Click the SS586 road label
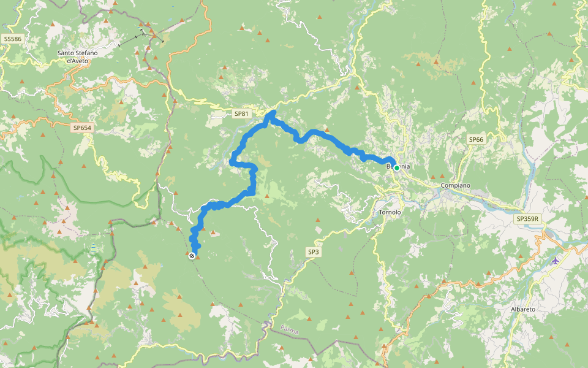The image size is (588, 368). tap(12, 39)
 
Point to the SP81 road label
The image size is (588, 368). tap(241, 113)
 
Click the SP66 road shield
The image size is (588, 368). tap(476, 140)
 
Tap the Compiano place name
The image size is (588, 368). tap(455, 185)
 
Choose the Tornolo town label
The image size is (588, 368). tap(390, 212)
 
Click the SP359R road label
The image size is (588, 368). tap(527, 218)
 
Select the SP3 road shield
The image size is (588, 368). tap(313, 251)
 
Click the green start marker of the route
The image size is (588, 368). tap(396, 167)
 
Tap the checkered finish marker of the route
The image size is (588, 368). tap(192, 255)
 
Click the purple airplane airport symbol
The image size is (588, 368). tap(555, 261)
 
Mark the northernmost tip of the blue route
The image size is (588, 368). tap(272, 111)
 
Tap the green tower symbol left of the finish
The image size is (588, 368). tap(93, 248)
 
